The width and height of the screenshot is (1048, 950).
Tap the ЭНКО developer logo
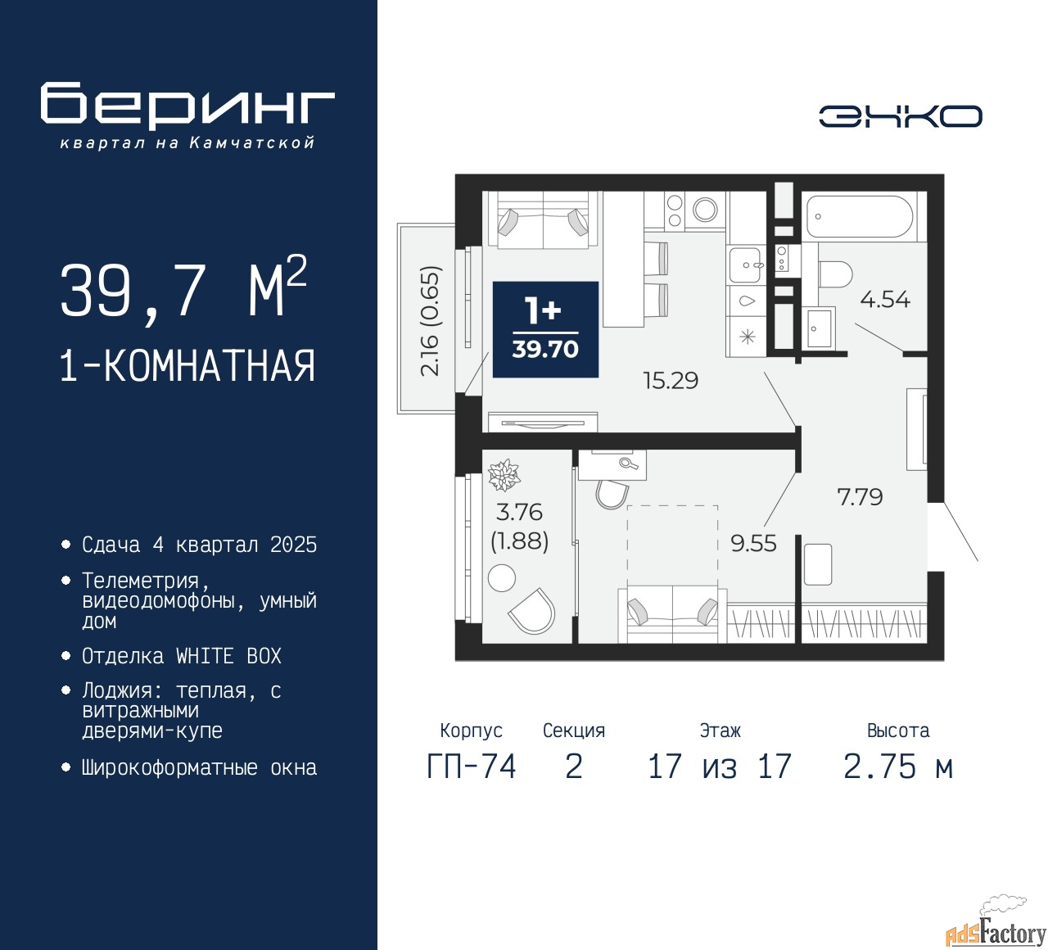[x=900, y=116]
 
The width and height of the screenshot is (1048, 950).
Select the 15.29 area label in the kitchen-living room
[x=671, y=381]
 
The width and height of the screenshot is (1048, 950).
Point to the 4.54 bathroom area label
[x=885, y=300]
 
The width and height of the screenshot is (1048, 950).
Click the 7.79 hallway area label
[x=860, y=496]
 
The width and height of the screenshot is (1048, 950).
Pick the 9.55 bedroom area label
[x=753, y=544]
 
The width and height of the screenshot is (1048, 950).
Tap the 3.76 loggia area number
[x=519, y=512]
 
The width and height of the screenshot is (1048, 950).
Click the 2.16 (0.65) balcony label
[x=431, y=321]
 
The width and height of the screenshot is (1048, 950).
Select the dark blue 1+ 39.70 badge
[x=545, y=329]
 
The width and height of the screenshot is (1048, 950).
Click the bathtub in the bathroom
[x=860, y=216]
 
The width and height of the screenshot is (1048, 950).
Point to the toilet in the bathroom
[x=835, y=274]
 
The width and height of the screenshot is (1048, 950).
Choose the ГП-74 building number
[x=472, y=767]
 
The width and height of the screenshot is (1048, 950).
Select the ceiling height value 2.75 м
[x=898, y=767]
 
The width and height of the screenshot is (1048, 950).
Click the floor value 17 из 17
[x=720, y=767]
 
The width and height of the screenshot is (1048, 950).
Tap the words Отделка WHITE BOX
[x=181, y=656]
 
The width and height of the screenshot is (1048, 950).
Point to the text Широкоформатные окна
[x=199, y=767]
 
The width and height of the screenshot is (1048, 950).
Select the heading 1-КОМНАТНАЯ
[x=187, y=366]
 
